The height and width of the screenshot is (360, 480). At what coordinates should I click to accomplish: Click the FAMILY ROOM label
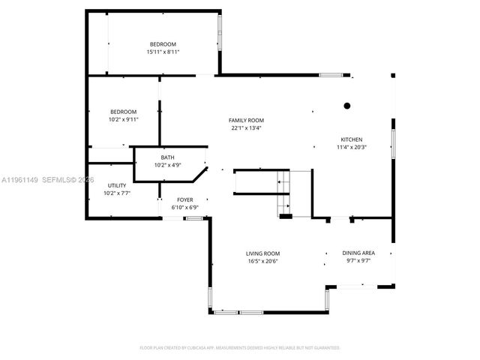pos(247,120)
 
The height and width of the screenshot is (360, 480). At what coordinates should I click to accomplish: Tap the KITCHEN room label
pos(352,139)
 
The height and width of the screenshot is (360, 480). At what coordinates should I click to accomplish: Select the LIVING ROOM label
pos(263,253)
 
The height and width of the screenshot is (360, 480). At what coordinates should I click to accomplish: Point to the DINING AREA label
pos(358,253)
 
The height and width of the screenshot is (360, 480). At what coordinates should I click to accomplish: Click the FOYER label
pos(184,199)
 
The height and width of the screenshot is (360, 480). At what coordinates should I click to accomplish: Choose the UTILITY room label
pos(117,185)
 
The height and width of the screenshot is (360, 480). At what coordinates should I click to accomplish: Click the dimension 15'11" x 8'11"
pos(163,52)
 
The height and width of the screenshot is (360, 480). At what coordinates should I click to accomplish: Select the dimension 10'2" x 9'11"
pos(124,119)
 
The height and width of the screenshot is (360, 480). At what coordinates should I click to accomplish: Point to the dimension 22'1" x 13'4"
pos(247,127)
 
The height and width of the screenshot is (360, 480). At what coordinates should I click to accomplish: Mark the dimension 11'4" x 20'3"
pos(352,147)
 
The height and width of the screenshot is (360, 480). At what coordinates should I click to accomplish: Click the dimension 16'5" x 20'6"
pos(263,261)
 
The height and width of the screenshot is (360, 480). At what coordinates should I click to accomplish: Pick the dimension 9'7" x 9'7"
pos(358,261)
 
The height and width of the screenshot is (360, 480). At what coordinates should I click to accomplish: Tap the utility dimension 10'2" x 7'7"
pos(117,193)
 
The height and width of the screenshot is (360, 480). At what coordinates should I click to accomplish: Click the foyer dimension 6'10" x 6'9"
pos(184,207)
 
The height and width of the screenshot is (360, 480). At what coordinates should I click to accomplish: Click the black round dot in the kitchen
pos(346,106)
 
